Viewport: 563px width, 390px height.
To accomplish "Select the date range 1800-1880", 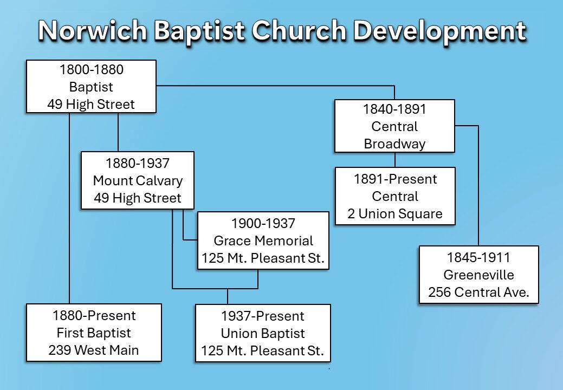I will tap(91, 70).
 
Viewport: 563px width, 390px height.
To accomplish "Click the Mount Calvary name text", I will tap(138, 180).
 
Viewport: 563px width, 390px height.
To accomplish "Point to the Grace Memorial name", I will tap(263, 240).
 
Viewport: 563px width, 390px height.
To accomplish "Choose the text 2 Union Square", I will tap(395, 213).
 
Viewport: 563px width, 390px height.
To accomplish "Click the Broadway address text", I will tap(394, 144).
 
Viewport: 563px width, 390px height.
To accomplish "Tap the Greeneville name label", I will tap(479, 275).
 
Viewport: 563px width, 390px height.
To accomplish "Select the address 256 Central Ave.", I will tap(479, 293).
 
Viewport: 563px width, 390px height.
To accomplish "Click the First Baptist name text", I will tap(94, 332).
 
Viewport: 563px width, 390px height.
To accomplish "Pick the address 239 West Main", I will tap(94, 350).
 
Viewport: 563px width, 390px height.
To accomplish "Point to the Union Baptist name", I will tap(263, 334).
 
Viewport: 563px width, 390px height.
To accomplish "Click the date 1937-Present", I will tap(263, 316).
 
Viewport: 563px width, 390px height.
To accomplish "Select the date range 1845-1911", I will tap(479, 257).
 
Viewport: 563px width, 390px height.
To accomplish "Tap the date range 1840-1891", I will tap(394, 109).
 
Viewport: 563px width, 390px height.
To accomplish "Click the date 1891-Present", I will tap(395, 178).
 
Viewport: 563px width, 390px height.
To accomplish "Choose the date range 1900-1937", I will tap(263, 223).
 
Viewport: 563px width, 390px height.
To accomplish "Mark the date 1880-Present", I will tap(94, 315).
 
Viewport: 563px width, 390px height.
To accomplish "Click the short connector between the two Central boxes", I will tap(394, 160).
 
